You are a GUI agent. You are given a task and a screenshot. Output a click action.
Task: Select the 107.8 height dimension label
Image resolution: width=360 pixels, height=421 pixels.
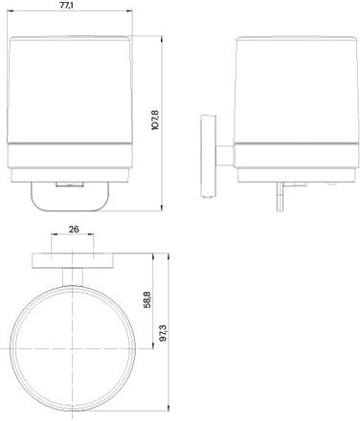[155, 120]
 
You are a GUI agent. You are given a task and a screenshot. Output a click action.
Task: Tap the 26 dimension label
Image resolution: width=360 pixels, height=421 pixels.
[74, 229]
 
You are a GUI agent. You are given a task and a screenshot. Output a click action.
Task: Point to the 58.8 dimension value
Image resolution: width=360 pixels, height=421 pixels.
[147, 299]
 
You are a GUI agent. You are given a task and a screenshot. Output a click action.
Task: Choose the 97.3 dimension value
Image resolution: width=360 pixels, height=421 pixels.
[163, 333]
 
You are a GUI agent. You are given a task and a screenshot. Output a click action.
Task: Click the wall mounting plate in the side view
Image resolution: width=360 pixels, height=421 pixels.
[208, 156]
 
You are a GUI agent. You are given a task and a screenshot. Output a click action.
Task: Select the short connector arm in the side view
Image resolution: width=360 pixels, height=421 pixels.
[225, 156]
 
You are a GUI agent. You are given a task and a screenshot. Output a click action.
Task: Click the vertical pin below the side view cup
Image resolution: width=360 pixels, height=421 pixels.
[280, 196]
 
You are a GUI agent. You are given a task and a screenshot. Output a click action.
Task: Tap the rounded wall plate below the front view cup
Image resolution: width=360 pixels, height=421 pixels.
[71, 197]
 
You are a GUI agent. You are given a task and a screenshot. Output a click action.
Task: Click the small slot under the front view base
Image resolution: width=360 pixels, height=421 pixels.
[70, 185]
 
